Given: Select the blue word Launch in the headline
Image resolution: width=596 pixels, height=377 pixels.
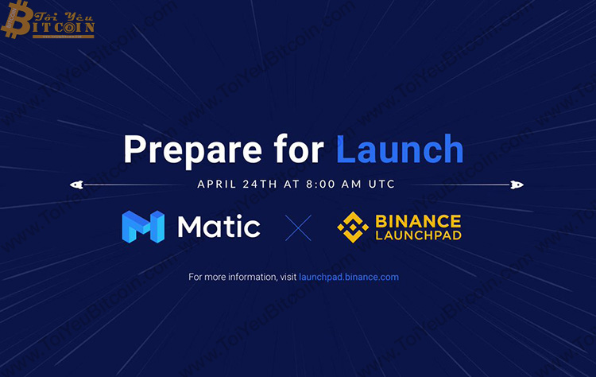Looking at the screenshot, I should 400,150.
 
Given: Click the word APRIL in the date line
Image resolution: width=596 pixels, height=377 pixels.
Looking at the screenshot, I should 215,184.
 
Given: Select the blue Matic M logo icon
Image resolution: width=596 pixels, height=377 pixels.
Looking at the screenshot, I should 143,227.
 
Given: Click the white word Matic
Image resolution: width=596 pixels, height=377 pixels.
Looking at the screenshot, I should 219,227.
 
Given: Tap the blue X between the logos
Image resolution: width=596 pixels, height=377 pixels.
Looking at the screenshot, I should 298,227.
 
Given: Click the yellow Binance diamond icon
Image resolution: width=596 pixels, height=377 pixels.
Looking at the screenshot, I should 353,227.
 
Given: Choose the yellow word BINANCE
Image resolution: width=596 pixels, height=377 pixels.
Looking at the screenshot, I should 417,220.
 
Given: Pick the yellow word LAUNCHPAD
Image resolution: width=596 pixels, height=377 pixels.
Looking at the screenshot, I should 417,236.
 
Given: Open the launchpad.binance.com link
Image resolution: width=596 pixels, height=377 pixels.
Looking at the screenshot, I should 349,278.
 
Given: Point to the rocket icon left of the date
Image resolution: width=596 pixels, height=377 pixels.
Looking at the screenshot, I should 76,185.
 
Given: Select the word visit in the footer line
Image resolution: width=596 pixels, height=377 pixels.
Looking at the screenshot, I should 286,278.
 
